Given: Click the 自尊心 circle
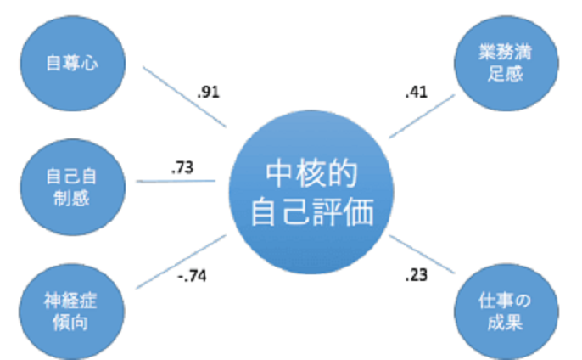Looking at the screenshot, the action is coord(73,63).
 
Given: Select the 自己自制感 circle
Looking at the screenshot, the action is coord(73,187).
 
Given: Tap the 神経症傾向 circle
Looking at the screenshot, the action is coord(71,312).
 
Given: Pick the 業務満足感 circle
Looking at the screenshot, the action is coord(506,63).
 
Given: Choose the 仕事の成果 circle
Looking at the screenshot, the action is coord(506,312).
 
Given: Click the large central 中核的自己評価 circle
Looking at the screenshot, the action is coord(311,192).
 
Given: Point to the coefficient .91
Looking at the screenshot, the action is coord(208,92).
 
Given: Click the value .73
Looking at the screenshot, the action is coord(182,167).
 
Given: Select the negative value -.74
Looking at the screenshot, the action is coord(192,276).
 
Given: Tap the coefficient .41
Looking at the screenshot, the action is coord(417,92).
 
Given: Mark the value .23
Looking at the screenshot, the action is coord(417,275).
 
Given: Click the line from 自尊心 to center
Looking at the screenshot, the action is coord(184,97).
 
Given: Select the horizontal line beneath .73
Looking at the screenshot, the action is coord(176,182).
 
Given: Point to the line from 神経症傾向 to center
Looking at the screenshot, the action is coord(182,262).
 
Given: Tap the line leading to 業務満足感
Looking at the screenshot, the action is coord(422,116).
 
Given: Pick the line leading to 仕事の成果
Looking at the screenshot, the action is coord(422,254).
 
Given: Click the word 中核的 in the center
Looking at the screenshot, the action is coord(311,174).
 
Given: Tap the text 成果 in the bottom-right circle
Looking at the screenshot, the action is coord(505,323).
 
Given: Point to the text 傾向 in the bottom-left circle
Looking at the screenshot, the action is coord(70,323).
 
